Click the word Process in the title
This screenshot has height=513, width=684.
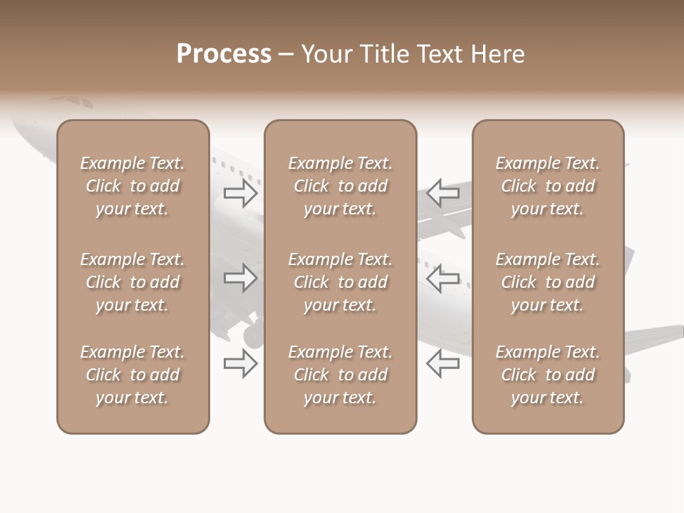[x=224, y=53]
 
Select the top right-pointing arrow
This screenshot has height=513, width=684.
[x=241, y=192]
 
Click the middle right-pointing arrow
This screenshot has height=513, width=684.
[x=241, y=278]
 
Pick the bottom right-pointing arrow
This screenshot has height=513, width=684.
[x=241, y=363]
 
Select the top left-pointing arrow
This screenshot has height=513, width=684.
[x=442, y=192]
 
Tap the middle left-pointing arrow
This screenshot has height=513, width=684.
[x=442, y=278]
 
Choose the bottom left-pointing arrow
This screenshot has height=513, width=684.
[x=442, y=363]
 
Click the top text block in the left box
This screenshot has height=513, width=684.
[x=133, y=186]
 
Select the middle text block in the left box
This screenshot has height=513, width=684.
[x=133, y=282]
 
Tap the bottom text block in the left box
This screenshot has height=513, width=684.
[x=133, y=375]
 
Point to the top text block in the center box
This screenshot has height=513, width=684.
[x=340, y=186]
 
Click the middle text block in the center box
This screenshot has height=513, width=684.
[x=340, y=282]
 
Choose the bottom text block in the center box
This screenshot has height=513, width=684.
[x=340, y=375]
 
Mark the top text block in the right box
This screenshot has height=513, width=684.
[x=548, y=186]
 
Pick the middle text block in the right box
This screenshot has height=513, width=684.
[x=548, y=282]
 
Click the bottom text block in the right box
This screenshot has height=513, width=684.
[x=548, y=375]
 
